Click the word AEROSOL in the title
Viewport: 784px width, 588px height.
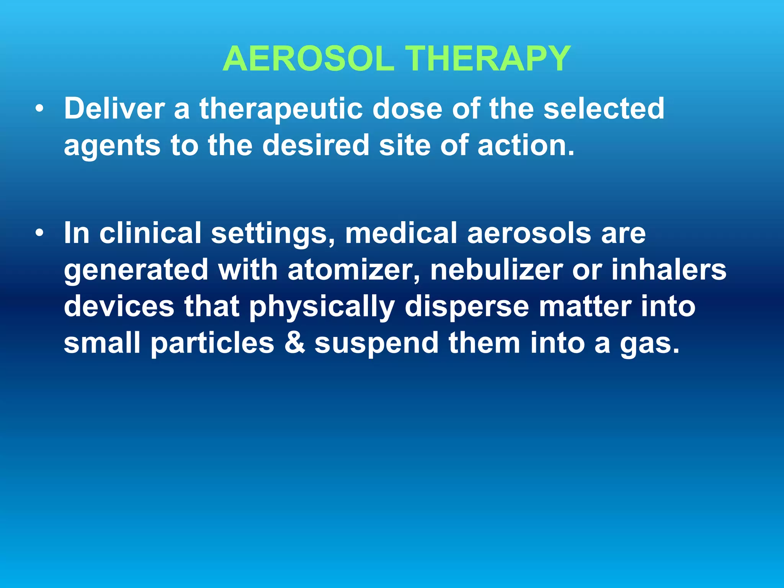tap(308, 59)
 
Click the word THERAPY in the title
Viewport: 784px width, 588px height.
tap(488, 59)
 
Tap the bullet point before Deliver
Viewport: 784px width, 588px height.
tap(39, 109)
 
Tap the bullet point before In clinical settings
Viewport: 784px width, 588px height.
tap(39, 234)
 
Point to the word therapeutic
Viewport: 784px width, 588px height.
tap(281, 109)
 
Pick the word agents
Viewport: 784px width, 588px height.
tap(112, 146)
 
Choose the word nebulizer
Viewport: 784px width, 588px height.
tap(496, 269)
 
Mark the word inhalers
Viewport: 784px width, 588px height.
tap(668, 269)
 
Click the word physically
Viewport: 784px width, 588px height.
tap(322, 307)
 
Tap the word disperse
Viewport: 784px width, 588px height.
tap(467, 307)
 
